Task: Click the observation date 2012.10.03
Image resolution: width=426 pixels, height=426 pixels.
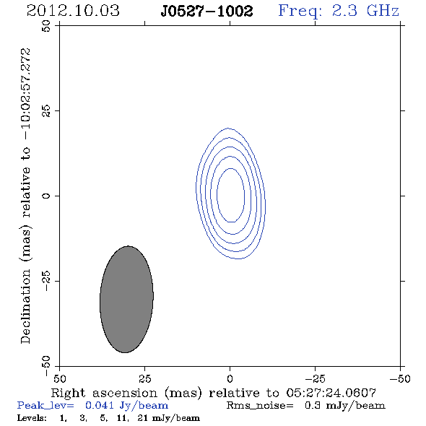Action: (x=73, y=11)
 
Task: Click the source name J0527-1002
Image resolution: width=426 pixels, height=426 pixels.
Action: (x=207, y=11)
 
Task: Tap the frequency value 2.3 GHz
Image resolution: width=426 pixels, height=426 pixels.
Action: (x=365, y=11)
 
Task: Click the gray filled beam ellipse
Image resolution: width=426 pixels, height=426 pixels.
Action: (x=126, y=300)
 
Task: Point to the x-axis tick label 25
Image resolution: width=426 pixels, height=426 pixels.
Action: (x=144, y=379)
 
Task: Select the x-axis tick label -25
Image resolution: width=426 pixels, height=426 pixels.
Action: (x=315, y=379)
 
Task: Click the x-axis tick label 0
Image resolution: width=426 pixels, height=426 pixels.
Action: (x=230, y=379)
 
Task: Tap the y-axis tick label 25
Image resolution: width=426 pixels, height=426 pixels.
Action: (x=46, y=111)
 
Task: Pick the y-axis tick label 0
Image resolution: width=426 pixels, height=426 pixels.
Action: (x=46, y=196)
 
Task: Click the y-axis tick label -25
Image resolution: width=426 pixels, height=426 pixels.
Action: (x=46, y=281)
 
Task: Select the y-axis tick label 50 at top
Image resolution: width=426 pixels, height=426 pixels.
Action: (x=46, y=26)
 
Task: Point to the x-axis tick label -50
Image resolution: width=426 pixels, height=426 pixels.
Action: (x=400, y=379)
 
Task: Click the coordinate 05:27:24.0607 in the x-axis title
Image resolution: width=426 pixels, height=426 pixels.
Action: (x=331, y=393)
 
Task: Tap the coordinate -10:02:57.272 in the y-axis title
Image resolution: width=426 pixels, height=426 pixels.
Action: (x=26, y=94)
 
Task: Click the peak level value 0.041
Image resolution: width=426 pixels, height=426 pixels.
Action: (x=100, y=405)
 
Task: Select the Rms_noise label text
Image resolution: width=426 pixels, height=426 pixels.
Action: (x=260, y=406)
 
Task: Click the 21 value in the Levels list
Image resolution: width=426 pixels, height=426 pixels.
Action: (x=143, y=418)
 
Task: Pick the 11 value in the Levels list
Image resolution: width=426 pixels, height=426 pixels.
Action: (x=122, y=418)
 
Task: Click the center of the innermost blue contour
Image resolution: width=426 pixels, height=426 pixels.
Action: (x=230, y=196)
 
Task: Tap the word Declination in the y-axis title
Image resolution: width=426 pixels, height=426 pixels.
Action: (x=26, y=306)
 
